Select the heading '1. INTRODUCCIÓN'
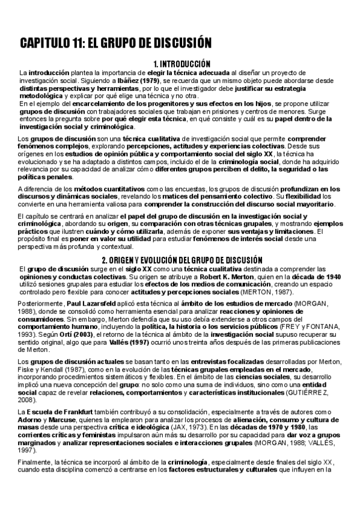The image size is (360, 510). pos(182,63)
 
